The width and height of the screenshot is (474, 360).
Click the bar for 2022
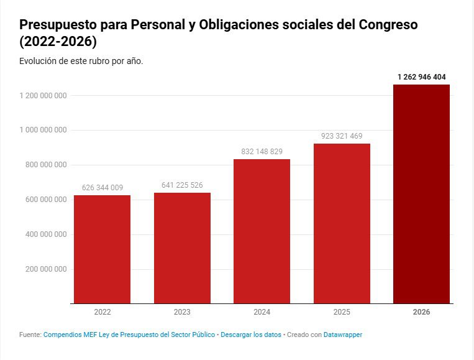(102, 249)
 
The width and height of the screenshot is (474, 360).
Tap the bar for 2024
(262, 231)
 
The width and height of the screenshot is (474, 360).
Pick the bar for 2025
(342, 223)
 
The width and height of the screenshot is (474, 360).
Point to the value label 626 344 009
(102, 188)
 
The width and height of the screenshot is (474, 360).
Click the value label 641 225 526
(182, 185)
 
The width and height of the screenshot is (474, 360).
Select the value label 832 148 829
(262, 152)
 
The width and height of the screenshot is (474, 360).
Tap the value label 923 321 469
(342, 136)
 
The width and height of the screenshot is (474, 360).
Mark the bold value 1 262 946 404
(421, 77)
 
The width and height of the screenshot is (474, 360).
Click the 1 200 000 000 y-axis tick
(43, 95)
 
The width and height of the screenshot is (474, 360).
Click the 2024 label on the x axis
(262, 312)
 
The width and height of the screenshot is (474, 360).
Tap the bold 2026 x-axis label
(421, 312)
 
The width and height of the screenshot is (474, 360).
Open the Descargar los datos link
(251, 335)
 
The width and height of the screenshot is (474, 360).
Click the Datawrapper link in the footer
(343, 335)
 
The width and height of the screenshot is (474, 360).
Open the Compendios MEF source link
(129, 335)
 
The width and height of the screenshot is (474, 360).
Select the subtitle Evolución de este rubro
(81, 61)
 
